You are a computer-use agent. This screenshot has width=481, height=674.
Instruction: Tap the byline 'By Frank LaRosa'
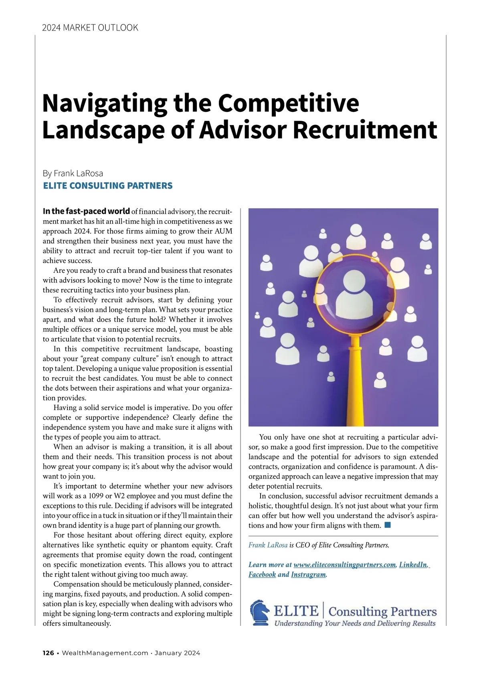click(x=73, y=173)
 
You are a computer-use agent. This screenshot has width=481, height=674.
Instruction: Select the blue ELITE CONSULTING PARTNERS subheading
click(x=107, y=186)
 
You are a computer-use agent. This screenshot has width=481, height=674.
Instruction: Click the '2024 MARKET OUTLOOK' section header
click(x=90, y=28)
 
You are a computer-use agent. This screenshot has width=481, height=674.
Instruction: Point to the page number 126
click(x=48, y=653)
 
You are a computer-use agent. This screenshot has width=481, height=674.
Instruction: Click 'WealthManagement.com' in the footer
click(x=105, y=653)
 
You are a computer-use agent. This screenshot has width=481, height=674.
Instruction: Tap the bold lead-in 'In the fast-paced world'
click(x=86, y=211)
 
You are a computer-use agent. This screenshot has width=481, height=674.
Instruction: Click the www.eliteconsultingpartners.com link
click(x=345, y=564)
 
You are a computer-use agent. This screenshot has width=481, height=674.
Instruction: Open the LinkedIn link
click(x=413, y=564)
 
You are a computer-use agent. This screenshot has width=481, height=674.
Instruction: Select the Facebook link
click(x=262, y=574)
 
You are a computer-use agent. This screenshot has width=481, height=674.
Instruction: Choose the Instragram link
click(x=308, y=574)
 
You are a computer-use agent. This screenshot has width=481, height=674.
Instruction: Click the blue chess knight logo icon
click(x=260, y=613)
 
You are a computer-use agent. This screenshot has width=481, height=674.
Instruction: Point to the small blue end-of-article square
click(x=388, y=525)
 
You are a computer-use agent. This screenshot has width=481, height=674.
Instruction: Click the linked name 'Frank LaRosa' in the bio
click(x=268, y=545)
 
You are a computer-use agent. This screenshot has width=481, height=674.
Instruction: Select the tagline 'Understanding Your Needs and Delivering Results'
click(x=355, y=623)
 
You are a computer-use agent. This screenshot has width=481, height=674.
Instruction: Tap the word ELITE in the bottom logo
click(x=296, y=611)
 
